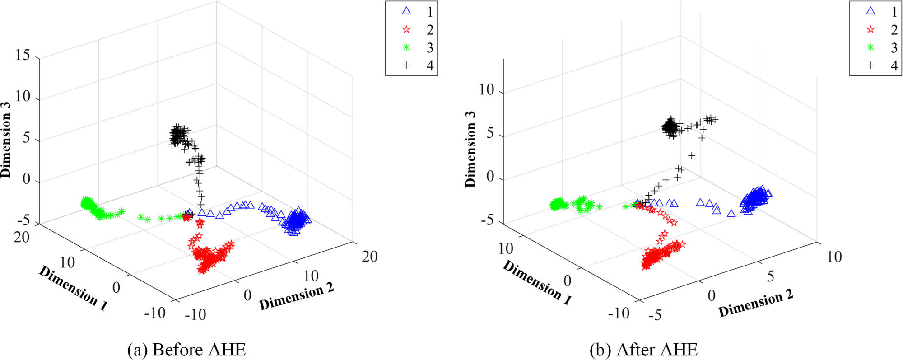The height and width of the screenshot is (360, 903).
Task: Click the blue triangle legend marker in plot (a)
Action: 406,11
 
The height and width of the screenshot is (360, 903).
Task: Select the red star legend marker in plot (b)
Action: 870,29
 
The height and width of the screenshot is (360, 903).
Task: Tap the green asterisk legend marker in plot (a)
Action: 406,47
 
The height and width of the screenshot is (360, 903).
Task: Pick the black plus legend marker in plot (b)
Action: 870,65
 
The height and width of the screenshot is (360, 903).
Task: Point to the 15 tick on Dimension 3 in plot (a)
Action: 23,55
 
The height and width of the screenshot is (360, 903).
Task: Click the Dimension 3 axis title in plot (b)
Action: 470,149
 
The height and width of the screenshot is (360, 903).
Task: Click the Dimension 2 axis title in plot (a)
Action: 296,296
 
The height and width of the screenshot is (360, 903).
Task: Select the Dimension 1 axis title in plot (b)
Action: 537,283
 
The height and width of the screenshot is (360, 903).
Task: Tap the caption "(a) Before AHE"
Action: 186,350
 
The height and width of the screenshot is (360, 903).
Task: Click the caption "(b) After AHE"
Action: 643,350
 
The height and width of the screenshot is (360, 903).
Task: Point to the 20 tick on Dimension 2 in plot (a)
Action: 369,257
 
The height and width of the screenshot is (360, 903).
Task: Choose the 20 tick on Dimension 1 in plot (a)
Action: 21,237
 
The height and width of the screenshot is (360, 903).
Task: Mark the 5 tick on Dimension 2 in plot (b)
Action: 770,276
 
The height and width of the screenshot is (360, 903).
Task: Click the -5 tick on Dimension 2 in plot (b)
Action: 655,315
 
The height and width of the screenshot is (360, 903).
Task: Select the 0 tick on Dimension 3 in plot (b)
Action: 490,177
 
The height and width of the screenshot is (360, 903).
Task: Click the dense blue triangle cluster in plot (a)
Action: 296,221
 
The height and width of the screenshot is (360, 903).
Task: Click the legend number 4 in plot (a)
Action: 430,65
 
